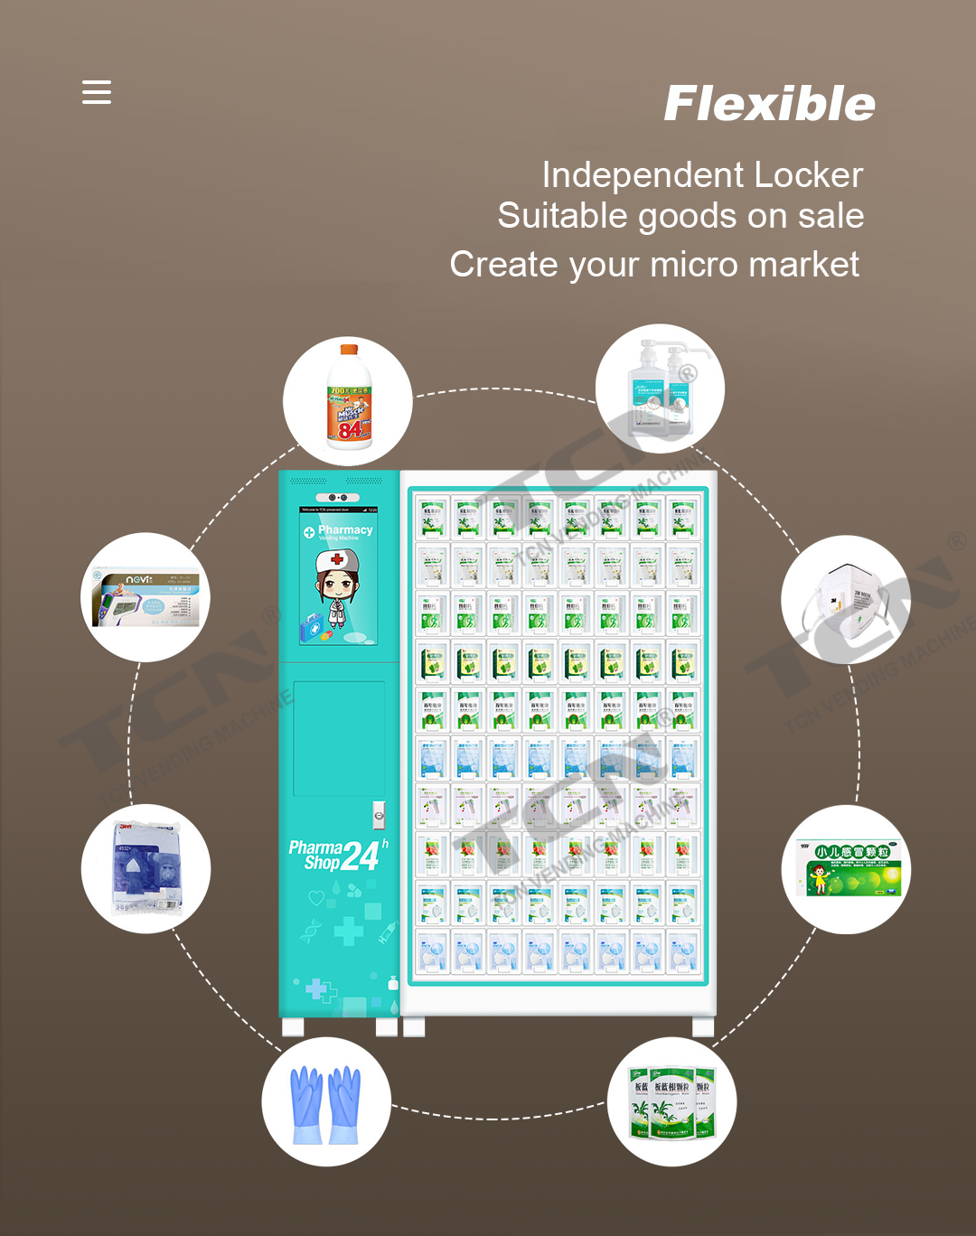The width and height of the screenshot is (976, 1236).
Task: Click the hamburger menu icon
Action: [x=97, y=92]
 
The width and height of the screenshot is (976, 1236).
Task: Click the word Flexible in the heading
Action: [x=769, y=104]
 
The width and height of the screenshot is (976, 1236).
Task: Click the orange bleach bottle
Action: [x=349, y=398]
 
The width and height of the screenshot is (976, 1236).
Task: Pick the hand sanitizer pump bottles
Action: [x=661, y=389]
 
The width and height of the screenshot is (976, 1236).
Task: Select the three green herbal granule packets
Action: [x=672, y=1101]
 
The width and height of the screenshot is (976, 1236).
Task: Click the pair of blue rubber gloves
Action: [x=325, y=1103]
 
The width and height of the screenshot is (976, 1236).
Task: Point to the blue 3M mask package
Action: [x=146, y=868]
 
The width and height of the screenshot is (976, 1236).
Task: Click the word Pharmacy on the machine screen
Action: [x=345, y=530]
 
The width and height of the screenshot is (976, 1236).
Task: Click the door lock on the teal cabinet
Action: [x=380, y=816]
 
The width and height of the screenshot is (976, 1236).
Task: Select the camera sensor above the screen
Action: [x=337, y=498]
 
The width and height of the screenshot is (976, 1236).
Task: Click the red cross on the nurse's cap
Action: [x=337, y=559]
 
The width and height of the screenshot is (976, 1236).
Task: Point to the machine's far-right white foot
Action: [x=703, y=1026]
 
